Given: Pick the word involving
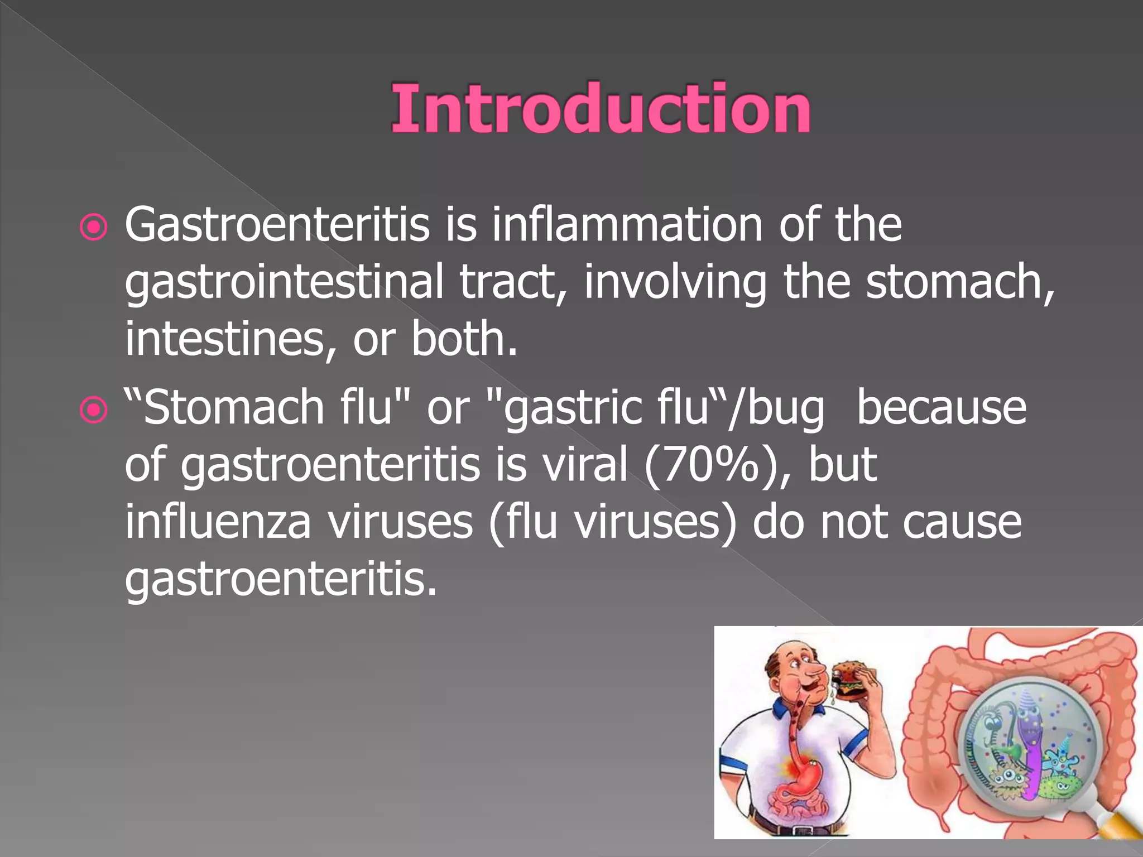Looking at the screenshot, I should tap(675, 282).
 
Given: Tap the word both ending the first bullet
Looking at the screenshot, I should tap(463, 339).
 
